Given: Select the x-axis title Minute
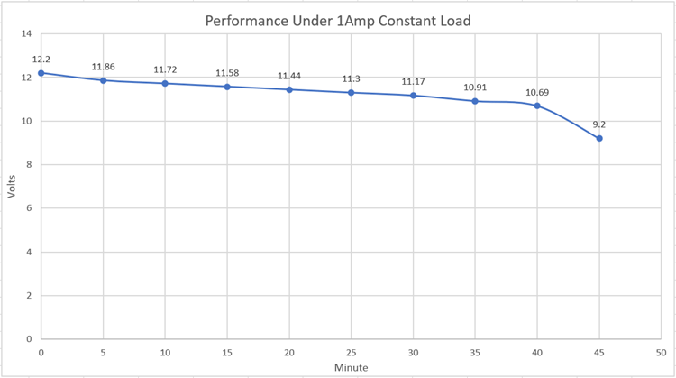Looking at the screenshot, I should [x=351, y=368].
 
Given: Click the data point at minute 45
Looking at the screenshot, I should [x=599, y=138].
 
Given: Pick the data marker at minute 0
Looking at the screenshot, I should [x=41, y=73].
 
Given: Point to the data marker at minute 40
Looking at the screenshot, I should [x=537, y=106].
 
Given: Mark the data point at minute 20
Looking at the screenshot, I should [x=289, y=89].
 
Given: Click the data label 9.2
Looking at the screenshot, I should [x=599, y=124].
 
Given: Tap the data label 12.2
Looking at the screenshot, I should [x=41, y=60].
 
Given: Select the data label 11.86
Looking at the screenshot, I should [x=104, y=67].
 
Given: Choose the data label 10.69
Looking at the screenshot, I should [x=537, y=92].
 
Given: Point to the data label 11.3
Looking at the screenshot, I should [x=352, y=79].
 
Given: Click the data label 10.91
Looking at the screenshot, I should [x=475, y=88].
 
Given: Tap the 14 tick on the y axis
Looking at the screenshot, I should [x=26, y=34].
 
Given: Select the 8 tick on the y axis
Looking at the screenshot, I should [x=29, y=165].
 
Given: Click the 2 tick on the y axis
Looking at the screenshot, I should [x=29, y=296].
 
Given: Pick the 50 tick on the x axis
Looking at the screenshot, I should [x=662, y=353].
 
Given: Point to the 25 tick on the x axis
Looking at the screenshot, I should [x=352, y=353].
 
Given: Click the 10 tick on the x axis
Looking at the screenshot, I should [x=166, y=353].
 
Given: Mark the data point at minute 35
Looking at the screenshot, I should [x=475, y=101].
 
